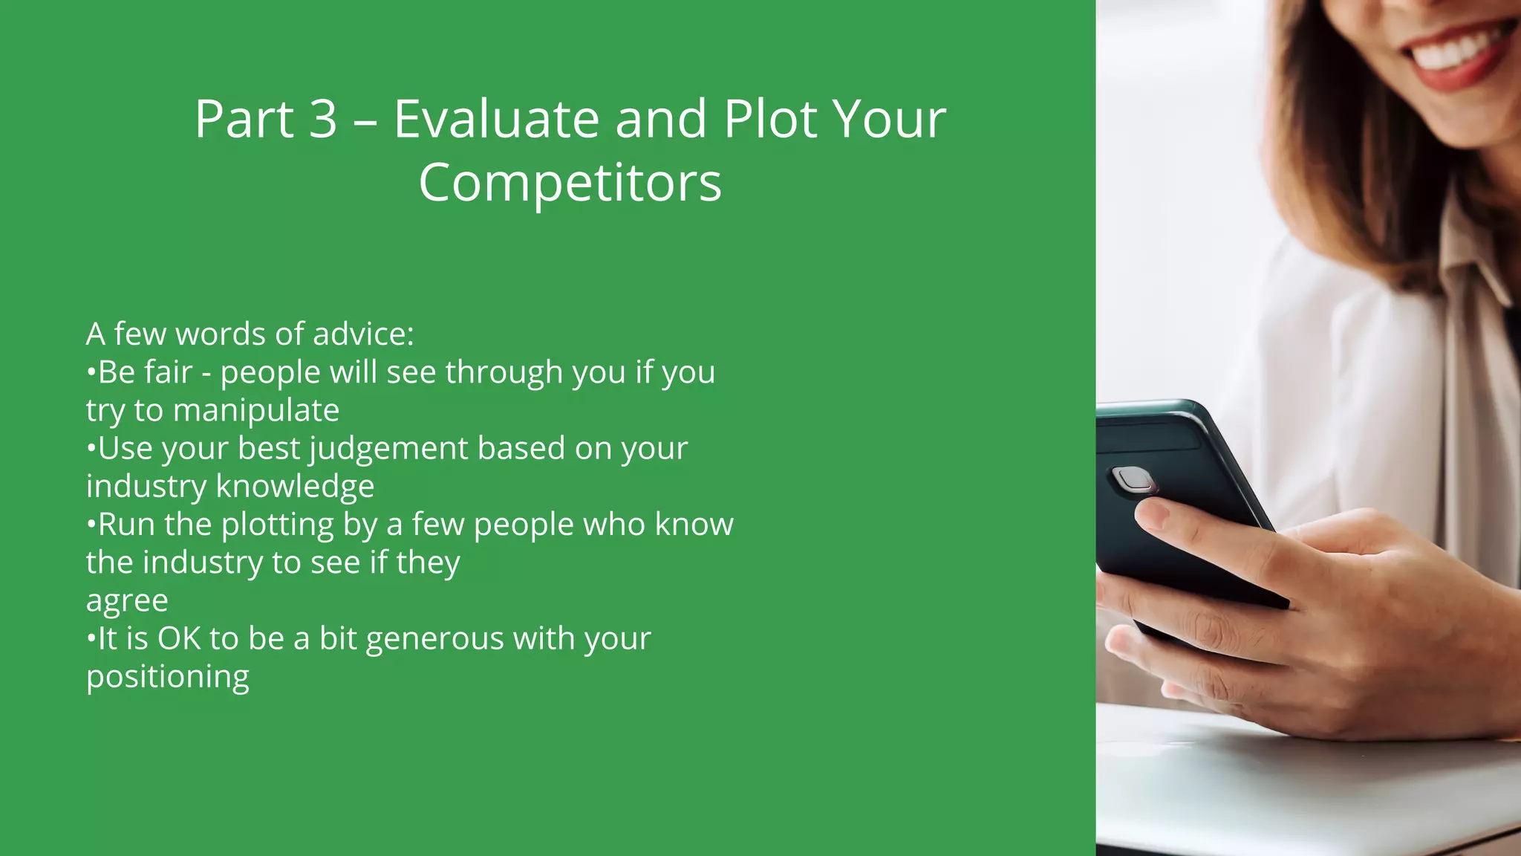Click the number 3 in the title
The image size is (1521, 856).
322,119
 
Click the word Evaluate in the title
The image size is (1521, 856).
495,119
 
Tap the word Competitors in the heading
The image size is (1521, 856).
570,183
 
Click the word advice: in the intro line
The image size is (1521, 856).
363,334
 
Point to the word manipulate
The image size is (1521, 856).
256,411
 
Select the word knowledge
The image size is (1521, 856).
295,487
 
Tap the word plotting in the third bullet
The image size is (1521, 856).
277,525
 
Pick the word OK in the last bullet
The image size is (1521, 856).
179,639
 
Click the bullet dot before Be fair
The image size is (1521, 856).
91,372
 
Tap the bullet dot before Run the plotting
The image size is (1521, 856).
91,524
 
